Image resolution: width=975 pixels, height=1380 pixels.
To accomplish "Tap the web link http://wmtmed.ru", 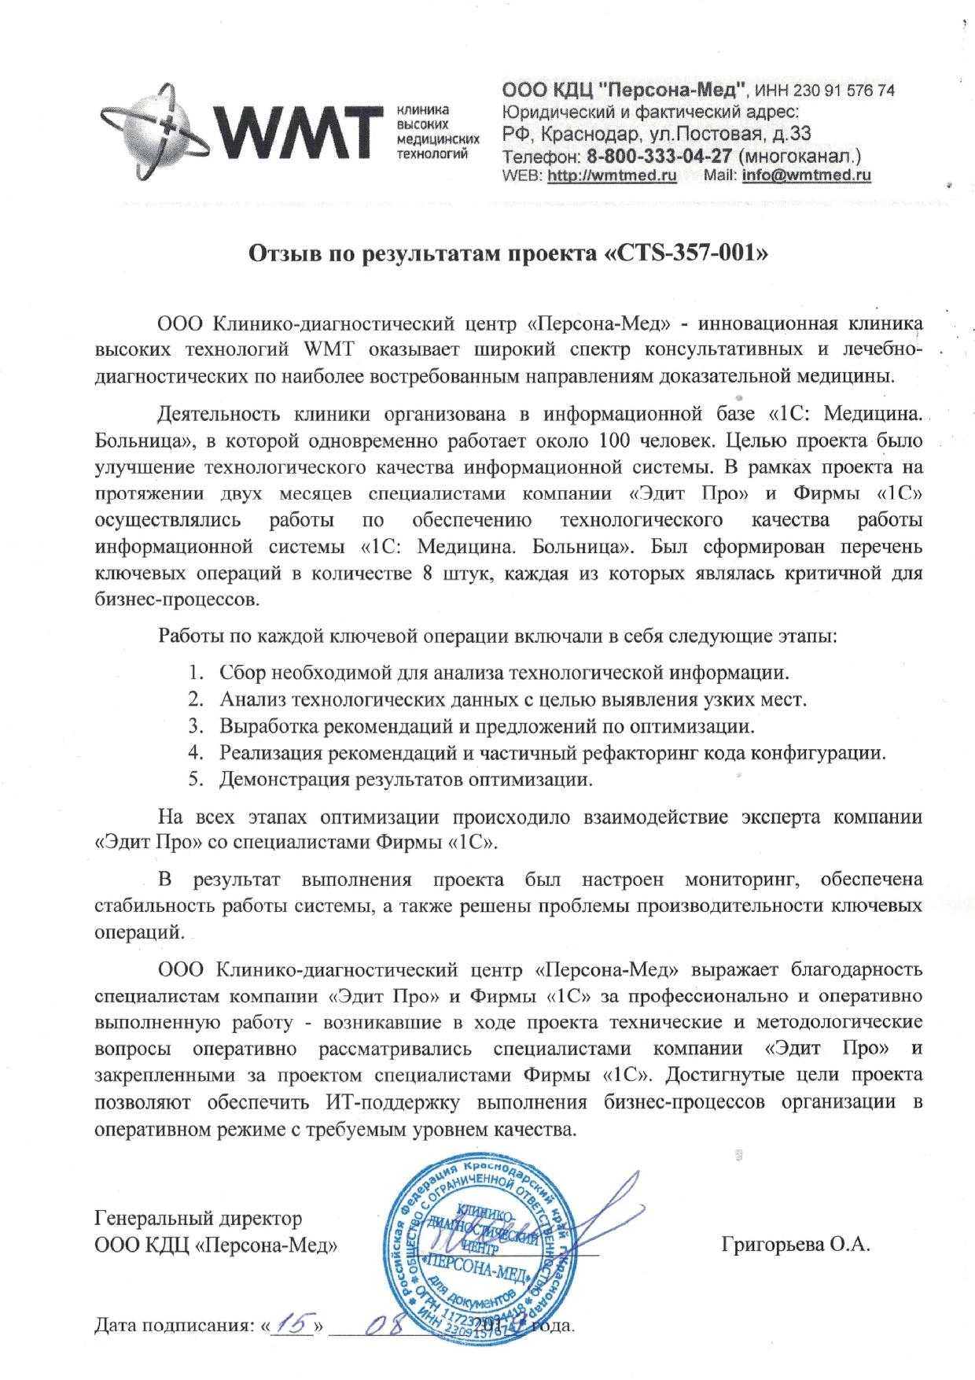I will (x=612, y=175).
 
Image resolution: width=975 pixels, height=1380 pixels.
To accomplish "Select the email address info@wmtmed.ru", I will (x=806, y=175).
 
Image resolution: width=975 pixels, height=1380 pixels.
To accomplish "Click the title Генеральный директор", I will (x=197, y=1219).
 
